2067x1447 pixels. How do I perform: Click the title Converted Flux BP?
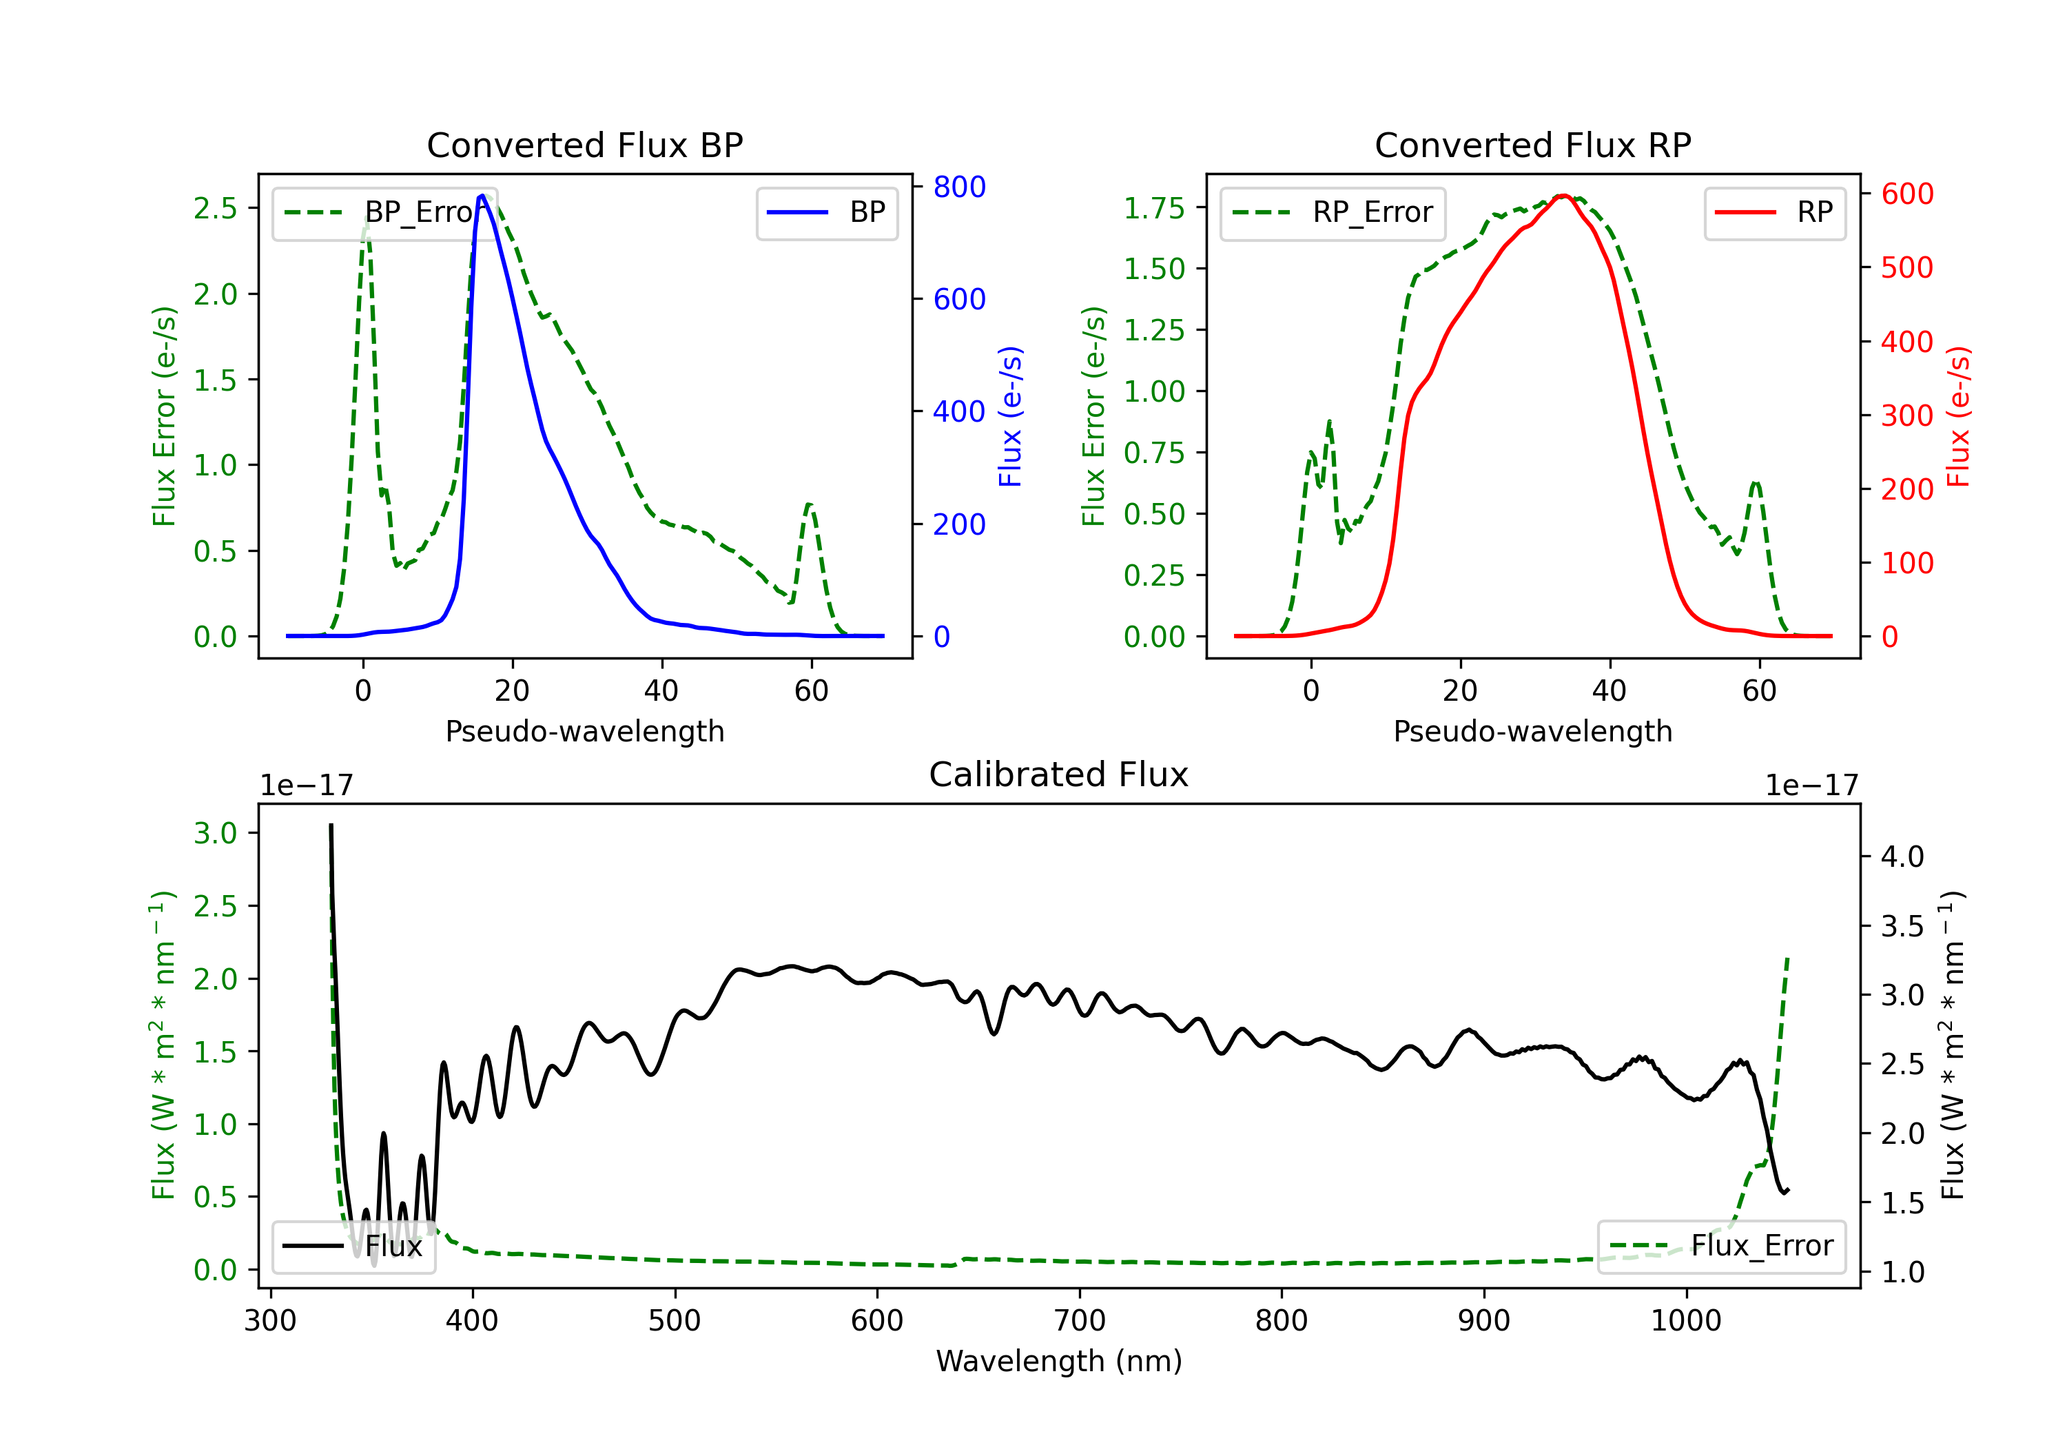[584, 145]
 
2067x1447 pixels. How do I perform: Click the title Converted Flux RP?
[1532, 145]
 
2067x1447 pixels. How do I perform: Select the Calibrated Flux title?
[1059, 774]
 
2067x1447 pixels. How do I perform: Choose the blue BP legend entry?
[826, 212]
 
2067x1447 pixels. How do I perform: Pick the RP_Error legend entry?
[1333, 212]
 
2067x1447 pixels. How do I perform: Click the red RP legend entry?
[1774, 212]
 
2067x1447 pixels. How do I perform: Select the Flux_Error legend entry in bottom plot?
[1720, 1246]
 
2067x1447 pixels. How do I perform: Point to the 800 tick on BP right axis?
[959, 187]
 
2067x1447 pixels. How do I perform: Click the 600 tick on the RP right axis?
[1906, 194]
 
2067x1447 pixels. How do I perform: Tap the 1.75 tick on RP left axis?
[1154, 208]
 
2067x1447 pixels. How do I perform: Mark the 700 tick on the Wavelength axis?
[1078, 1320]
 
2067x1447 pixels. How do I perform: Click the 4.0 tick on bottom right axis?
[1902, 856]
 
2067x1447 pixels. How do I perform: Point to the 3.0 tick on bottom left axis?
[215, 833]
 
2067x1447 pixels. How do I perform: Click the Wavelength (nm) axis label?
[1059, 1361]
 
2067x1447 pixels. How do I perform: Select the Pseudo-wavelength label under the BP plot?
[584, 731]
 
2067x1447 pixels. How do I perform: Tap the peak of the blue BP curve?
[482, 196]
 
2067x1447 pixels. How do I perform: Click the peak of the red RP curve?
[1564, 196]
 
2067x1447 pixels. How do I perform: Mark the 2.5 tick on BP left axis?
[215, 208]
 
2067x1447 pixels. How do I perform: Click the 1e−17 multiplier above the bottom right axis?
[1811, 786]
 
